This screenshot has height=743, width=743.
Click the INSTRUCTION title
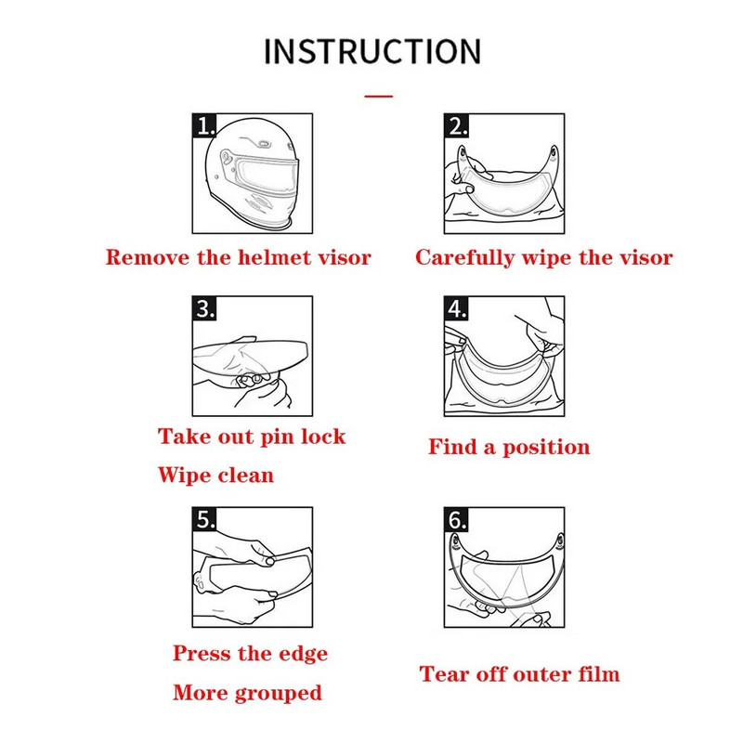pos(371,51)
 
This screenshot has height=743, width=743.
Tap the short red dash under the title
pos(378,95)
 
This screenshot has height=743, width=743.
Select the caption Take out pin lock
pos(251,437)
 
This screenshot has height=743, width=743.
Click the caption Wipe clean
pos(215,476)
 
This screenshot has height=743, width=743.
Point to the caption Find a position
pos(509,448)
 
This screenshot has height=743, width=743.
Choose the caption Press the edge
pos(250,654)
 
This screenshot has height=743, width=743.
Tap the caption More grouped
pos(247,693)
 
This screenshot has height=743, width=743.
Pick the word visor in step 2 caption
pos(643,258)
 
